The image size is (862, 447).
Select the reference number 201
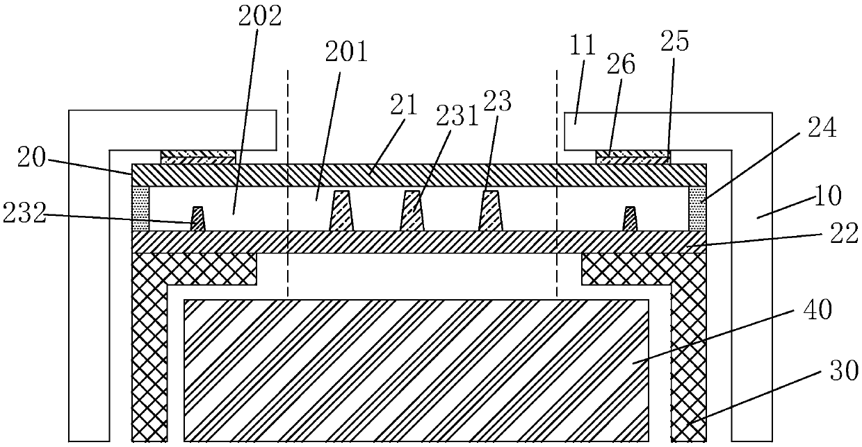350,51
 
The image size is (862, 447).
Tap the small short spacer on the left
199,219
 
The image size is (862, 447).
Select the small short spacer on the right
630,219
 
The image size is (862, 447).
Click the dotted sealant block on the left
140,209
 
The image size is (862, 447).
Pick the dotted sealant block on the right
698,209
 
